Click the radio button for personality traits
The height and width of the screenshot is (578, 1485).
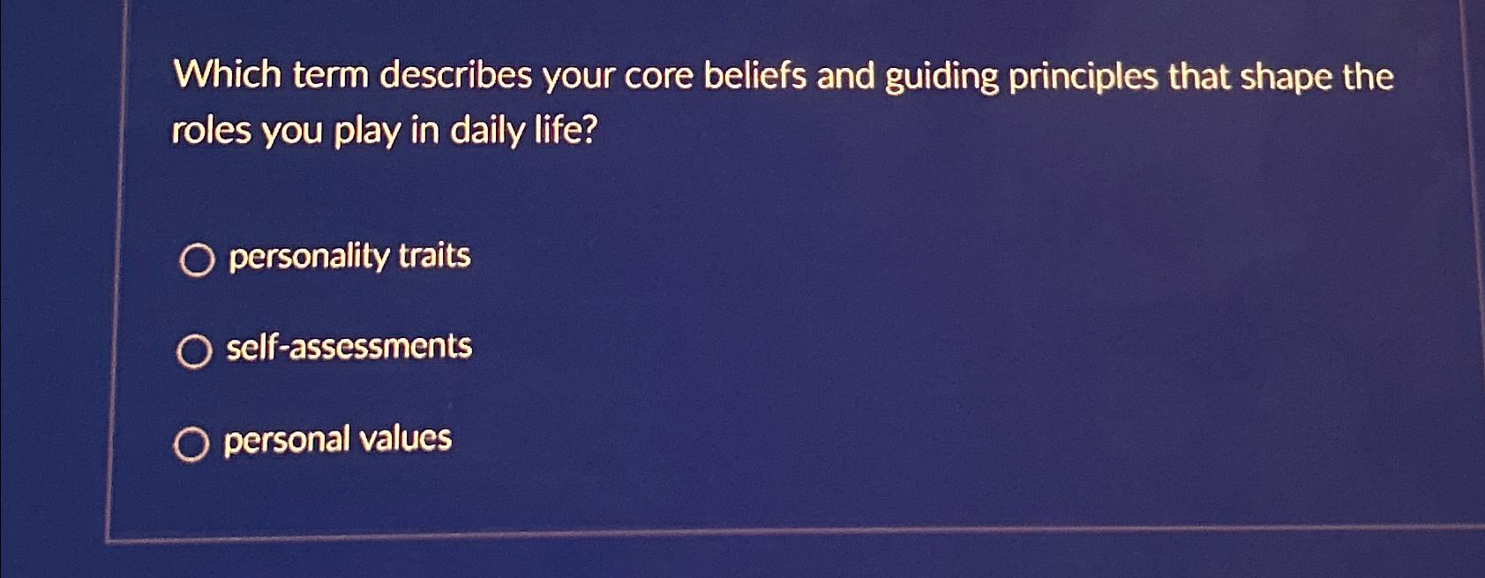coord(197,260)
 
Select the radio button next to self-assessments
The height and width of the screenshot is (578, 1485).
coord(194,351)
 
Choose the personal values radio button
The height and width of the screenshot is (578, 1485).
coord(191,444)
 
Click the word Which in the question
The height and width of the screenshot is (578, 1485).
coord(227,74)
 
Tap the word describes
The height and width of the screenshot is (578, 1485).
coord(455,76)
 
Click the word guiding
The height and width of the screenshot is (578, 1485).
coord(941,78)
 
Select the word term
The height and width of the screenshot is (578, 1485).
coord(330,75)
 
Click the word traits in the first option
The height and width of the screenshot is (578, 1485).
coord(434,255)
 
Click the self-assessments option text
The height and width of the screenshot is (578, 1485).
coord(349,347)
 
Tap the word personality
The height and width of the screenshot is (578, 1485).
coord(309,257)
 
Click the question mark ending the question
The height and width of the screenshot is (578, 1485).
coord(589,131)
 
